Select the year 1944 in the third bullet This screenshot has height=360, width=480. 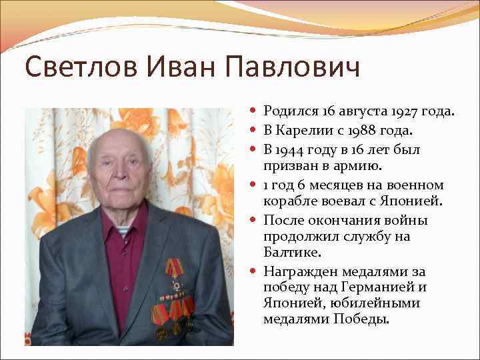(293, 149)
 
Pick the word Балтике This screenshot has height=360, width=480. (292, 252)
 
